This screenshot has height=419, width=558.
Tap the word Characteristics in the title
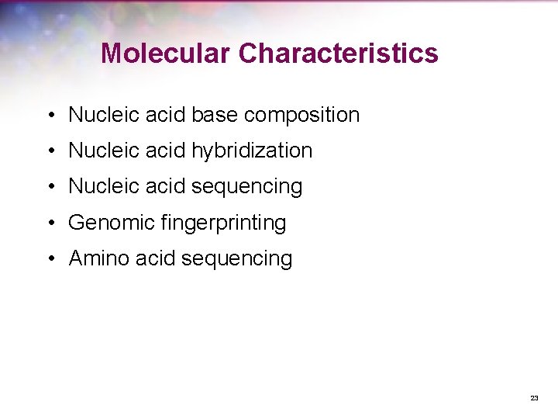tap(338, 53)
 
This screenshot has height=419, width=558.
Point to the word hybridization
tap(251, 151)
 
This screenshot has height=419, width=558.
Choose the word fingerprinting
tap(225, 223)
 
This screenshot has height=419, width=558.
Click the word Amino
tap(99, 258)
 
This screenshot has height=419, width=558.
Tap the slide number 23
tap(534, 397)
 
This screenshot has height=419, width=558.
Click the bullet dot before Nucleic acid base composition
tap(49, 116)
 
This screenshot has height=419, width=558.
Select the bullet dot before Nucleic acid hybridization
tap(49, 151)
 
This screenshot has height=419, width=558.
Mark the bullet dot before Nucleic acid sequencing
tap(49, 187)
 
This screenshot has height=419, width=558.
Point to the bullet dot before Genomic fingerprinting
tap(49, 223)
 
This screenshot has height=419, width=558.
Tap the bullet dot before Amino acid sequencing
tap(49, 259)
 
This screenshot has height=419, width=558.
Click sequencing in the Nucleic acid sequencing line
tap(246, 187)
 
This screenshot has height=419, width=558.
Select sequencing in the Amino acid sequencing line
tap(236, 259)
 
